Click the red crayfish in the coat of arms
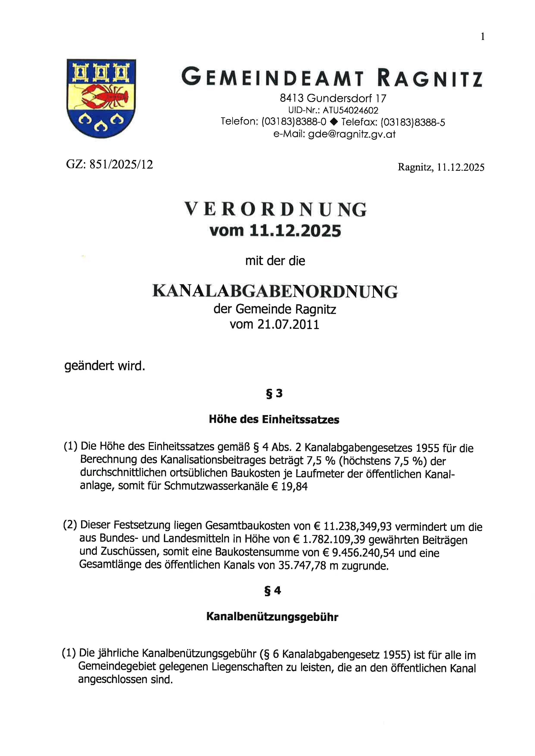[105, 97]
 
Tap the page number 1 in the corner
[483, 37]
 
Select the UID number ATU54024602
[350, 110]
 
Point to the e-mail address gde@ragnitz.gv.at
[351, 134]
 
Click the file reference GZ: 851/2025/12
[110, 164]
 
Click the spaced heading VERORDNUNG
[275, 210]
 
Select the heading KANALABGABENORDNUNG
[275, 292]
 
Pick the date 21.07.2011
[289, 325]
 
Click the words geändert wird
[105, 366]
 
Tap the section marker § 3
[274, 394]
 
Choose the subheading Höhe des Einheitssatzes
[274, 420]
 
